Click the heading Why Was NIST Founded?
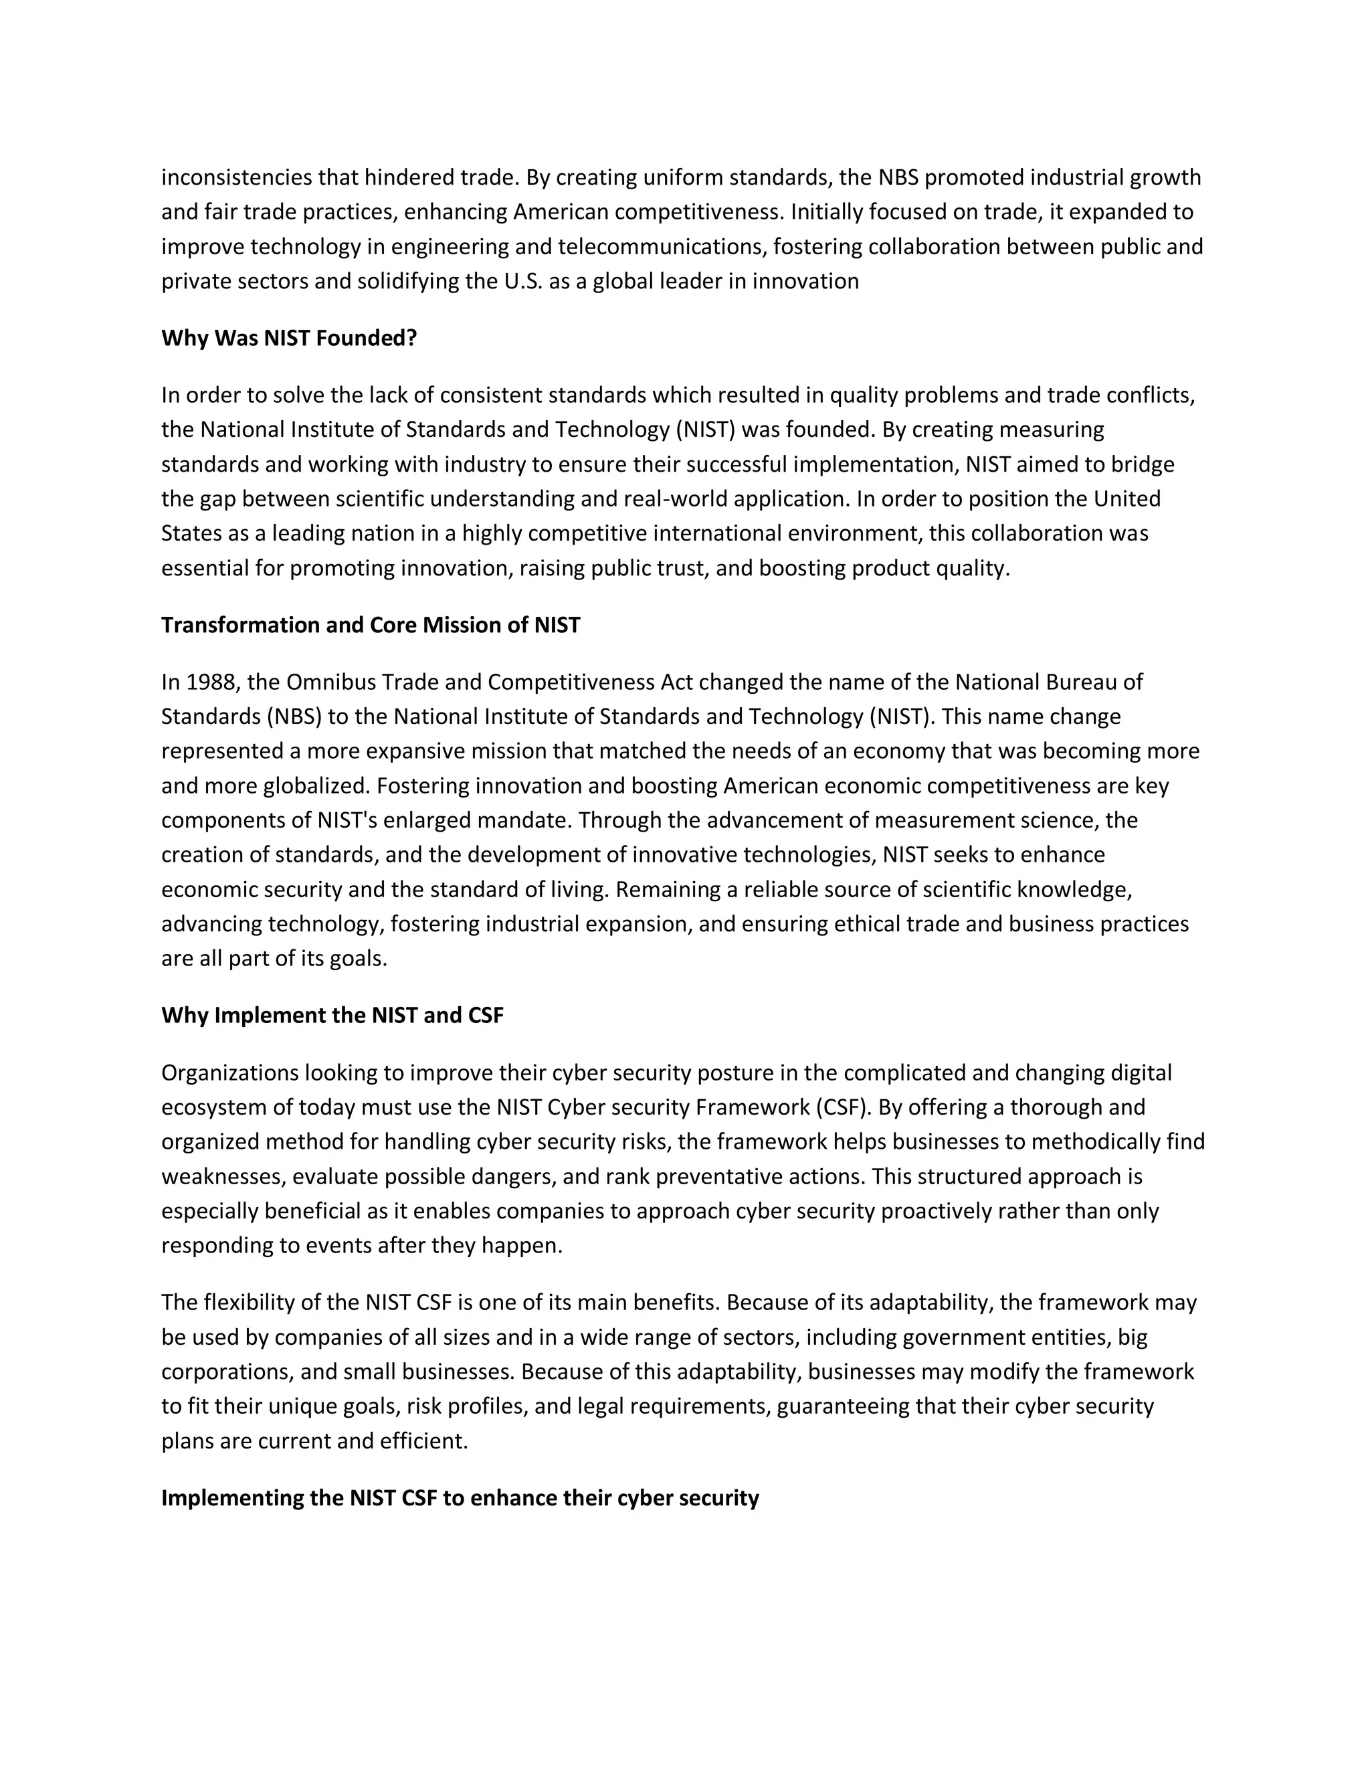coord(289,338)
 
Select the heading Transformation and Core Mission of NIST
coord(370,625)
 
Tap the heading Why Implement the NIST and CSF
coord(332,1016)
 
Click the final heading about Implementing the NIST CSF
coord(460,1498)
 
